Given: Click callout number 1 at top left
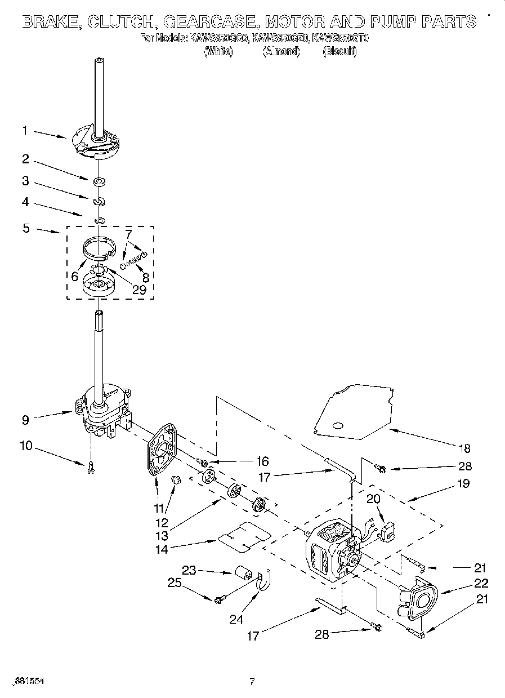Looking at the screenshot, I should coord(25,130).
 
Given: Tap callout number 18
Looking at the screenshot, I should coord(464,448).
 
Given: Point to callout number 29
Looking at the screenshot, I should coord(138,290).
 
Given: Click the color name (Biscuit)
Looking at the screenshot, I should coord(339,51).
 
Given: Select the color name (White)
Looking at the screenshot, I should coord(218,51).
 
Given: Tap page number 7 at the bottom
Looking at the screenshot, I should coord(252,682).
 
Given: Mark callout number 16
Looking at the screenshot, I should coord(262,461).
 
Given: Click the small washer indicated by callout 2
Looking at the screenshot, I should coord(99,181).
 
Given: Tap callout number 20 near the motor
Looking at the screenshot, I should coord(373,498).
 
